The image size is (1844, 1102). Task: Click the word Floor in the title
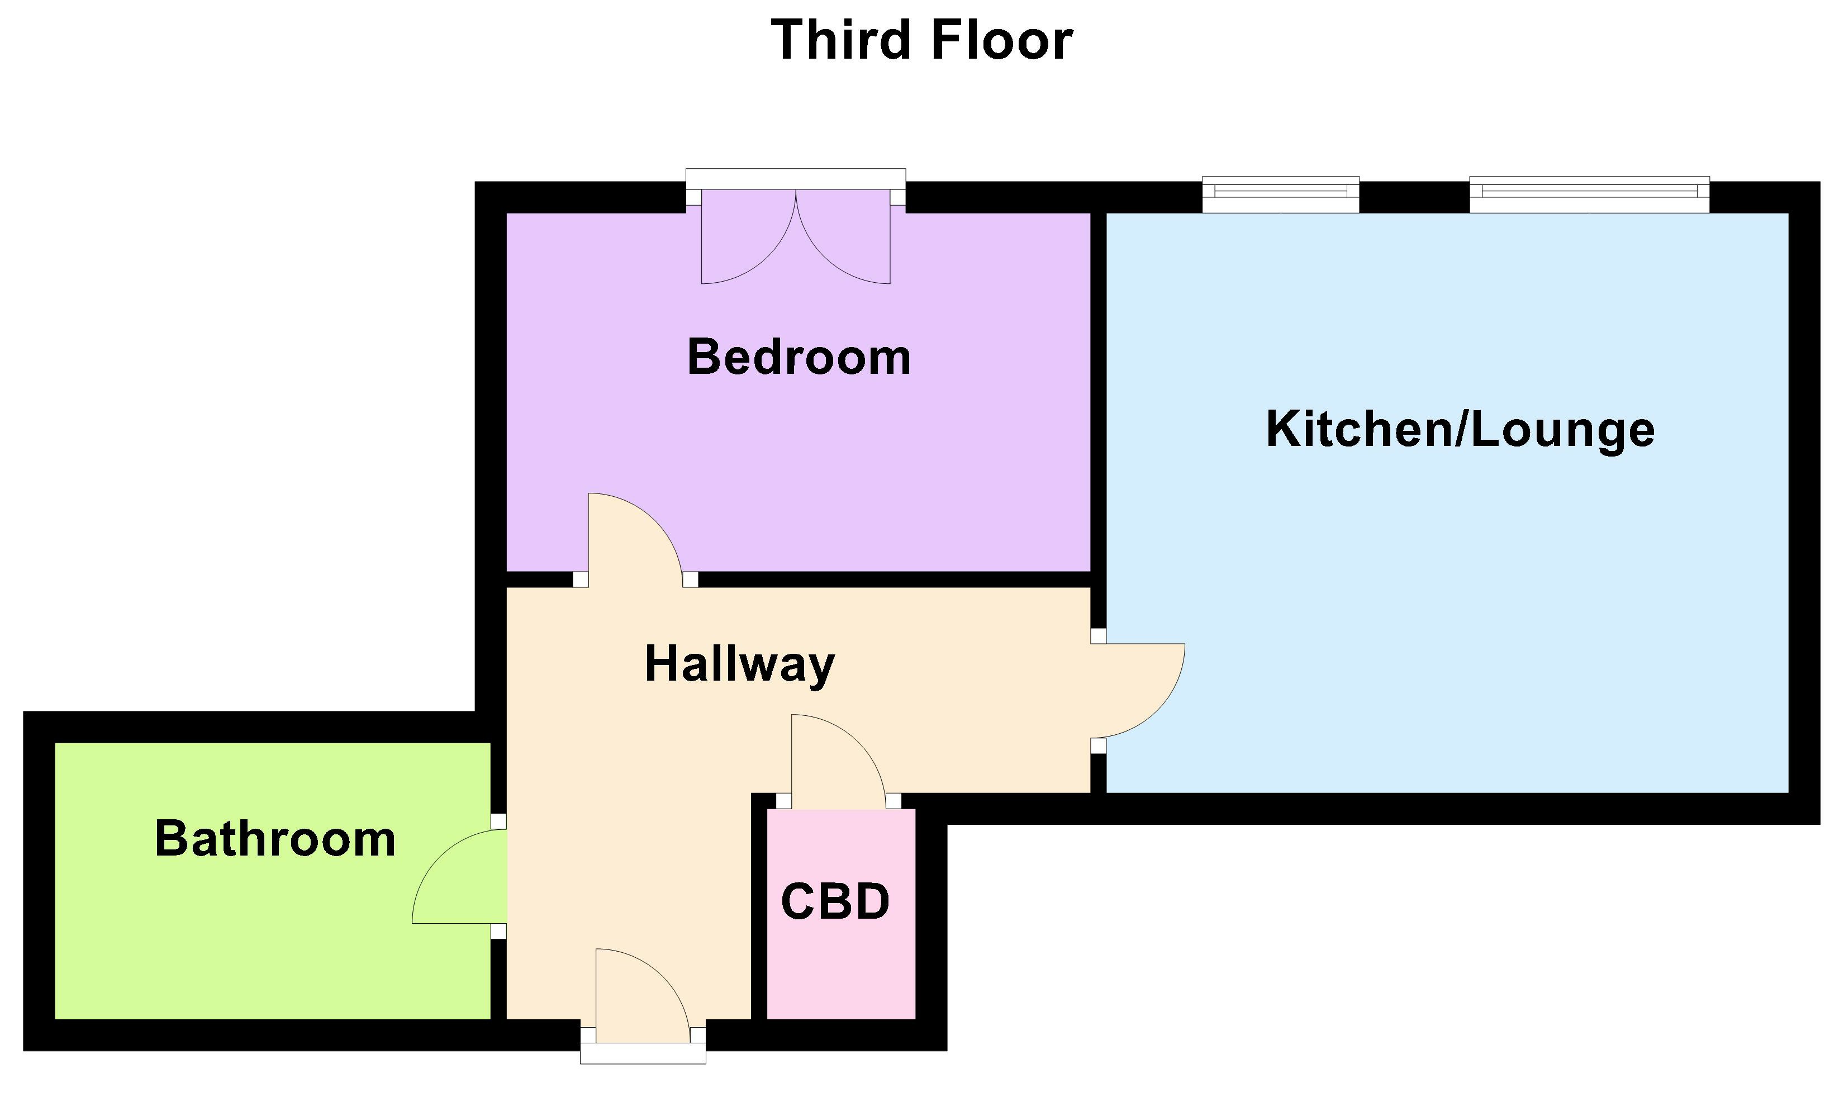(1001, 40)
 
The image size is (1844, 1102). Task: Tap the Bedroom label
(799, 358)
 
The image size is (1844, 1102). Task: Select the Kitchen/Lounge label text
(1460, 430)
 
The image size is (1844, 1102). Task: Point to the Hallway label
(739, 664)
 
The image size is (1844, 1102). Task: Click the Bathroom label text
(275, 840)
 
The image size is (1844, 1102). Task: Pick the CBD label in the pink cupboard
(835, 901)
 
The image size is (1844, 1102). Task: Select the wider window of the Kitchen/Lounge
(1589, 192)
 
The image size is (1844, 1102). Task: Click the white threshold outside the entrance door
(642, 1054)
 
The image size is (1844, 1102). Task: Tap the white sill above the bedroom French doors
(795, 178)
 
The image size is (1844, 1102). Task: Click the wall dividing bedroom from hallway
(891, 579)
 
